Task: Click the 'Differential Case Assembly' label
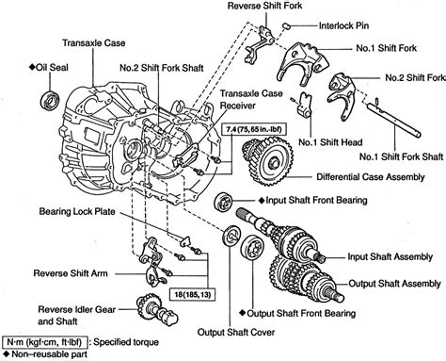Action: tap(372, 174)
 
